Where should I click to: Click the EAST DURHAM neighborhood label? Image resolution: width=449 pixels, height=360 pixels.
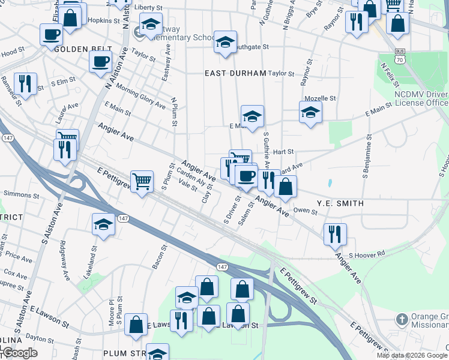coord(235,73)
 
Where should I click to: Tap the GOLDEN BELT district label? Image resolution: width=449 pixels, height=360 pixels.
coord(79,49)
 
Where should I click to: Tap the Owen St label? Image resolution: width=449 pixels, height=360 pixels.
coord(305,211)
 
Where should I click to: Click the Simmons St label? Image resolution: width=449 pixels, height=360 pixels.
coord(21,194)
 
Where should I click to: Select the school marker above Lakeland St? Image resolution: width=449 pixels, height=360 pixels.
coord(104,225)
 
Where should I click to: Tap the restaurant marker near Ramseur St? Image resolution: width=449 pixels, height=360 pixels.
coord(25,83)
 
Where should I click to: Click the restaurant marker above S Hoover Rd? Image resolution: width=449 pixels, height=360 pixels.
coord(335,233)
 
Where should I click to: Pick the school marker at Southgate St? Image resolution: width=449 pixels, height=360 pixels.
coord(226,42)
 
